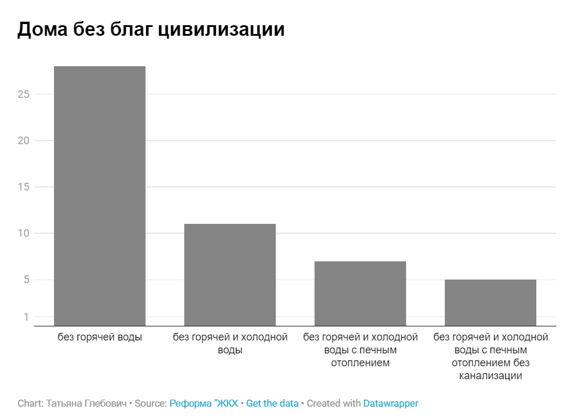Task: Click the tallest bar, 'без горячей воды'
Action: pos(100,196)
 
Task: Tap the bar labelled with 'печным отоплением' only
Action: pos(360,293)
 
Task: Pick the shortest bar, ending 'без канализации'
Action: pos(491,302)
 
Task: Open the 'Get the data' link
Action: pos(272,403)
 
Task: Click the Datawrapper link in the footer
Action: pos(390,403)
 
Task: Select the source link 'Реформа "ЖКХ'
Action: pos(204,403)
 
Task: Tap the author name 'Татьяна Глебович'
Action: pos(86,403)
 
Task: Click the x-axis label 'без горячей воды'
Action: pos(100,338)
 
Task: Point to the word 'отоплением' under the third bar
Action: pos(360,363)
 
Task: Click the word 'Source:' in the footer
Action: pos(151,403)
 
